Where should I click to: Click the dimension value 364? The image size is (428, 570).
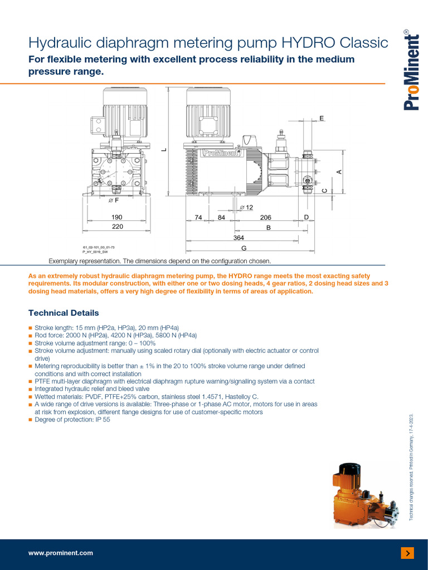(239, 238)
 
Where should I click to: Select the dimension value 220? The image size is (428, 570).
(117, 227)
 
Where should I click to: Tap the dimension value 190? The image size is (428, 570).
(117, 217)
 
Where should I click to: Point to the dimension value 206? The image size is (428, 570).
(265, 218)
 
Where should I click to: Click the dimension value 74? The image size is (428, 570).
(198, 218)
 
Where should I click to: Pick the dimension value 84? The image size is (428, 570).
(221, 218)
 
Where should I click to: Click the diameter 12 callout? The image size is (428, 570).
(246, 208)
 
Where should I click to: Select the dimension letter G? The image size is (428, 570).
(244, 248)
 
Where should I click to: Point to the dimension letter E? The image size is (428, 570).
(321, 119)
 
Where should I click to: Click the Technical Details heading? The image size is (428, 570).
(64, 313)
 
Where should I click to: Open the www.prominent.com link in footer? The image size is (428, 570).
(61, 553)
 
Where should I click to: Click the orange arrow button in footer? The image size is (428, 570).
(407, 553)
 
